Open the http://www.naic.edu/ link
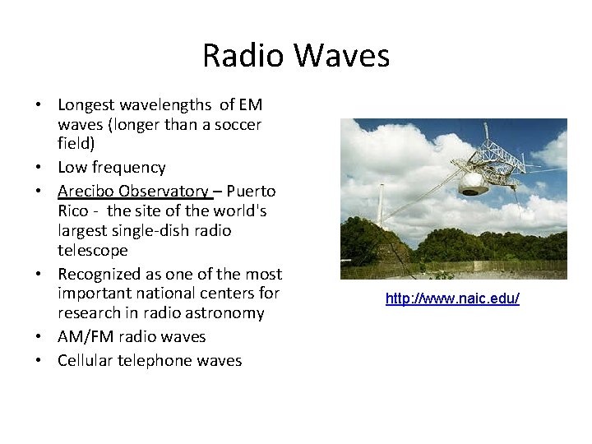pyautogui.click(x=452, y=298)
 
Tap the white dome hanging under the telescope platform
pyautogui.click(x=474, y=183)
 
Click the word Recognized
pyautogui.click(x=99, y=274)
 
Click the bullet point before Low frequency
pyautogui.click(x=39, y=168)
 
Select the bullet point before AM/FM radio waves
pyautogui.click(x=39, y=337)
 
